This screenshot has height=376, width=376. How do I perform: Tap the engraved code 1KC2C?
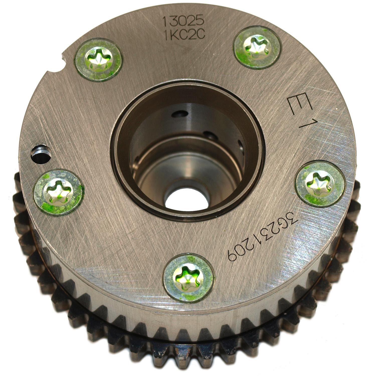(184, 35)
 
